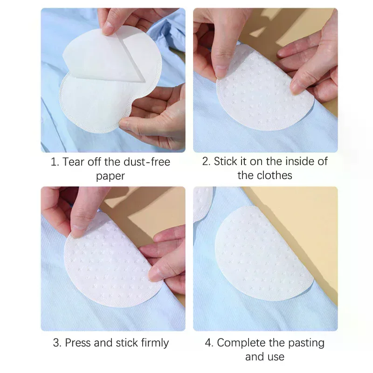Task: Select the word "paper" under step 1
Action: (x=111, y=176)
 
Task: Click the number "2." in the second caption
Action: (x=206, y=161)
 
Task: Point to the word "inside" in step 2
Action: (x=297, y=161)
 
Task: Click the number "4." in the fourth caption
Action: (x=209, y=343)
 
